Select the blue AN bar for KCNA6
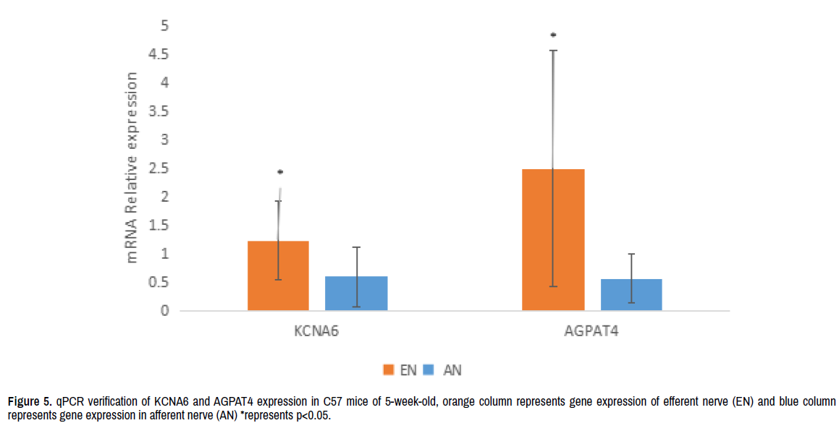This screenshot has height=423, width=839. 356,294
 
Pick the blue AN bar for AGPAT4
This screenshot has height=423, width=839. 631,295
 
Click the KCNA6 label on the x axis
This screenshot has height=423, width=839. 316,332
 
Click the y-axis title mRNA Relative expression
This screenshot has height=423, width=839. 132,167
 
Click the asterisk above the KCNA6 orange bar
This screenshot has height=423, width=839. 279,172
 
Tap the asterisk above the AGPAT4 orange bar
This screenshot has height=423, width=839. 553,35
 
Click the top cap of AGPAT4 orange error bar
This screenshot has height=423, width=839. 553,51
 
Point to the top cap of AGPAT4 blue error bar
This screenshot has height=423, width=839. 631,254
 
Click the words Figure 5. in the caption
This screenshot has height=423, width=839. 30,401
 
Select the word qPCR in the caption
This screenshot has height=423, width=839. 70,401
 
